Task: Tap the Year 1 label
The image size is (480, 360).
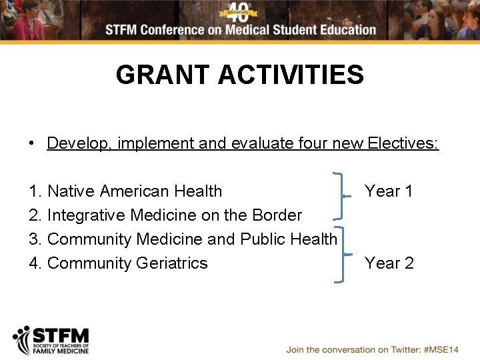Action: point(389,191)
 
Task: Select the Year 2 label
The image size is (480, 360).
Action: point(389,263)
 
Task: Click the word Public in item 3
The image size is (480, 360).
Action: point(263,239)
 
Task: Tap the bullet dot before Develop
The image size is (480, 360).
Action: point(32,143)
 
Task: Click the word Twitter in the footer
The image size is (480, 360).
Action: point(400,349)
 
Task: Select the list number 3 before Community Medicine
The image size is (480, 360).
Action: point(34,239)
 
